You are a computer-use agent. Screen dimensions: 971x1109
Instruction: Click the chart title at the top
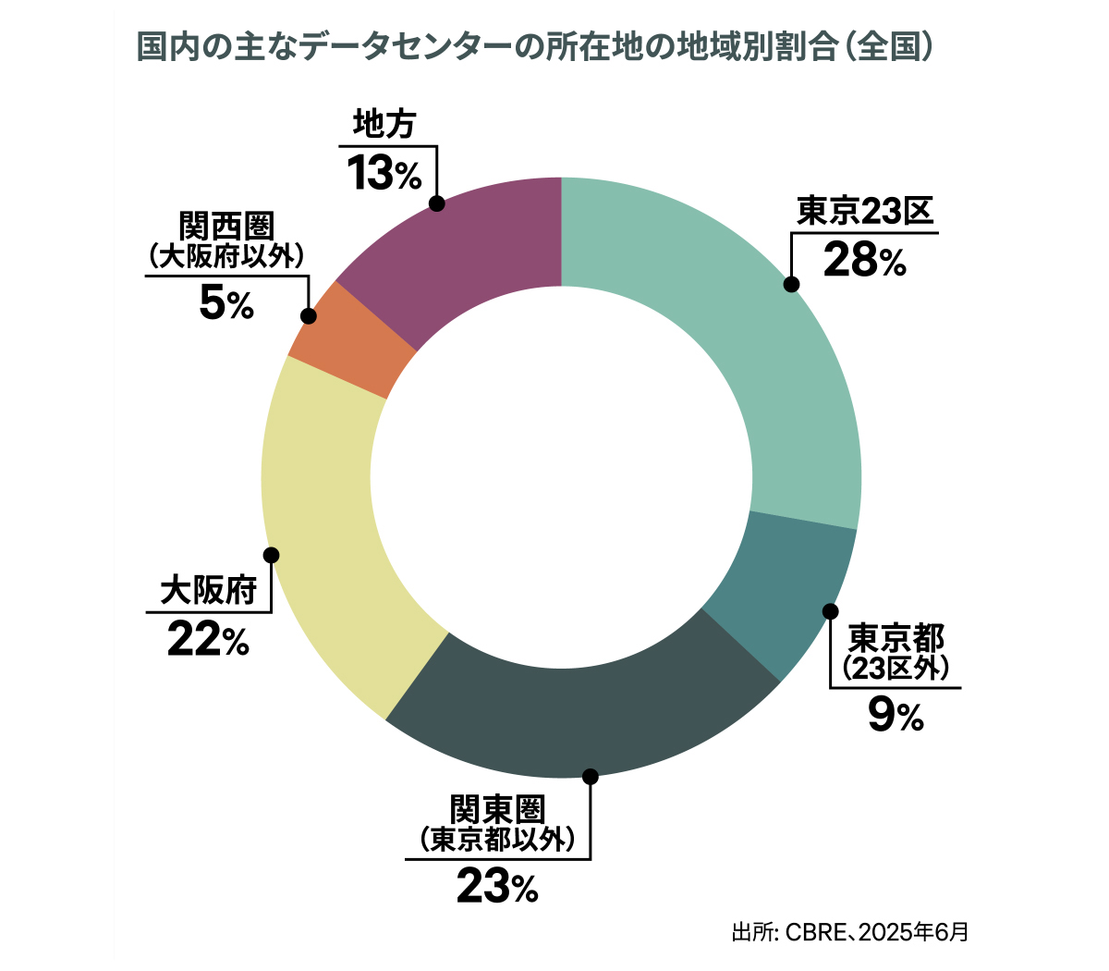[533, 47]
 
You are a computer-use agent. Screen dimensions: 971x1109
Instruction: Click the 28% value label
[864, 261]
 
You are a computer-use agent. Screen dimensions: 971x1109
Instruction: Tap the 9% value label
[896, 716]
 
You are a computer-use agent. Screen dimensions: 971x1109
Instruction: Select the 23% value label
[496, 889]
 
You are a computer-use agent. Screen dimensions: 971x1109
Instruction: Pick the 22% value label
[208, 640]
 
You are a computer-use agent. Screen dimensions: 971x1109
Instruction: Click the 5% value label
[226, 303]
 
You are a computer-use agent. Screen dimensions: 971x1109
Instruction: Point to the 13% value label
[384, 173]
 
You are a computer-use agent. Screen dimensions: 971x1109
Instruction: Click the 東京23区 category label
[866, 212]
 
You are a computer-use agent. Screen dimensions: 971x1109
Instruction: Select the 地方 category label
[384, 125]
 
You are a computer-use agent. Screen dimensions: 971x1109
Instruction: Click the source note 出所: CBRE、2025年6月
[849, 931]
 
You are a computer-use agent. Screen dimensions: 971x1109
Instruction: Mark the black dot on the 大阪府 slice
[271, 555]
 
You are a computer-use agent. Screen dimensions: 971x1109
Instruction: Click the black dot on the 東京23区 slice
[791, 284]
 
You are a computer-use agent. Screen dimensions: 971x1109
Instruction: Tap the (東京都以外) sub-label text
[497, 840]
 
